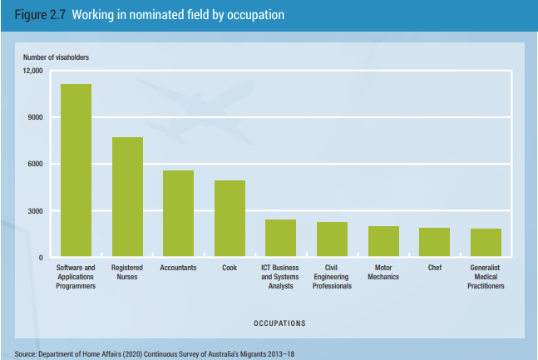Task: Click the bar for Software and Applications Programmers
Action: [76, 170]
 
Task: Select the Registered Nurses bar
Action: [127, 197]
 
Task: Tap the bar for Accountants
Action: [178, 214]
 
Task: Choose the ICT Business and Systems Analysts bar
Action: [280, 238]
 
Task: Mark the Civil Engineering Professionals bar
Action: [332, 239]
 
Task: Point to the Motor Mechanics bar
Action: [383, 241]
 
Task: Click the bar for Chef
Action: [434, 242]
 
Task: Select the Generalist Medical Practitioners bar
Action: [486, 243]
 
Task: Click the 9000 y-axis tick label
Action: [34, 117]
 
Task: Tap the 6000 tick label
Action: [34, 164]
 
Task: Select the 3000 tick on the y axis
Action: [34, 211]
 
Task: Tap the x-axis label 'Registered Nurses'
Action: [127, 273]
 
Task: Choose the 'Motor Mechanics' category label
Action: [383, 273]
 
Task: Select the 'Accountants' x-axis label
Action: [178, 269]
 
